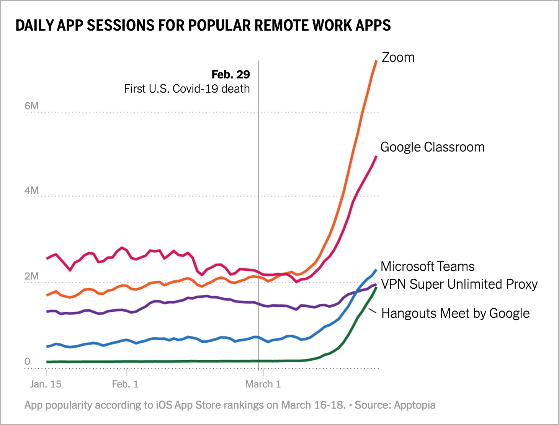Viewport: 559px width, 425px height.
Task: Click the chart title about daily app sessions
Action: pyautogui.click(x=203, y=25)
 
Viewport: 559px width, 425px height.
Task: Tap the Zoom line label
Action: pyautogui.click(x=398, y=57)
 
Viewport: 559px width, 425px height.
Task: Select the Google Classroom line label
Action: pyautogui.click(x=432, y=147)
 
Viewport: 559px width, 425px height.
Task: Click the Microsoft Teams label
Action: pyautogui.click(x=427, y=266)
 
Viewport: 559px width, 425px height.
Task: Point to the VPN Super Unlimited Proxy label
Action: pyautogui.click(x=459, y=284)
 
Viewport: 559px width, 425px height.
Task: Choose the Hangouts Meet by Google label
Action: pyautogui.click(x=456, y=313)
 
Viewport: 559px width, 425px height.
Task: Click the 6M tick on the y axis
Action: pyautogui.click(x=31, y=106)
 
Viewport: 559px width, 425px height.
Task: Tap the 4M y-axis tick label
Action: pyautogui.click(x=31, y=191)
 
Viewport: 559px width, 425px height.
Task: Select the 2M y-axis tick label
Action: pyautogui.click(x=31, y=276)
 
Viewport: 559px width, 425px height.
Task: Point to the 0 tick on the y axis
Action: pyautogui.click(x=27, y=361)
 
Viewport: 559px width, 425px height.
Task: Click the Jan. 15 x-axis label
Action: pyautogui.click(x=46, y=384)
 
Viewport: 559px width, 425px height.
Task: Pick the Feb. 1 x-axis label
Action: pyautogui.click(x=125, y=384)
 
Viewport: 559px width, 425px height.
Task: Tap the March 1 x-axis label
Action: pyautogui.click(x=263, y=384)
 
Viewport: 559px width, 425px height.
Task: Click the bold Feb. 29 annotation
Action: pyautogui.click(x=230, y=74)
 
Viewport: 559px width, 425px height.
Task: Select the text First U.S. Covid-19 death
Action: pyautogui.click(x=187, y=89)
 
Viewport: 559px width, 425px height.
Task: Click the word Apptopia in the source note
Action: pyautogui.click(x=415, y=405)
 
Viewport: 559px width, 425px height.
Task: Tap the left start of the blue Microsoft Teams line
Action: pyautogui.click(x=47, y=347)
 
